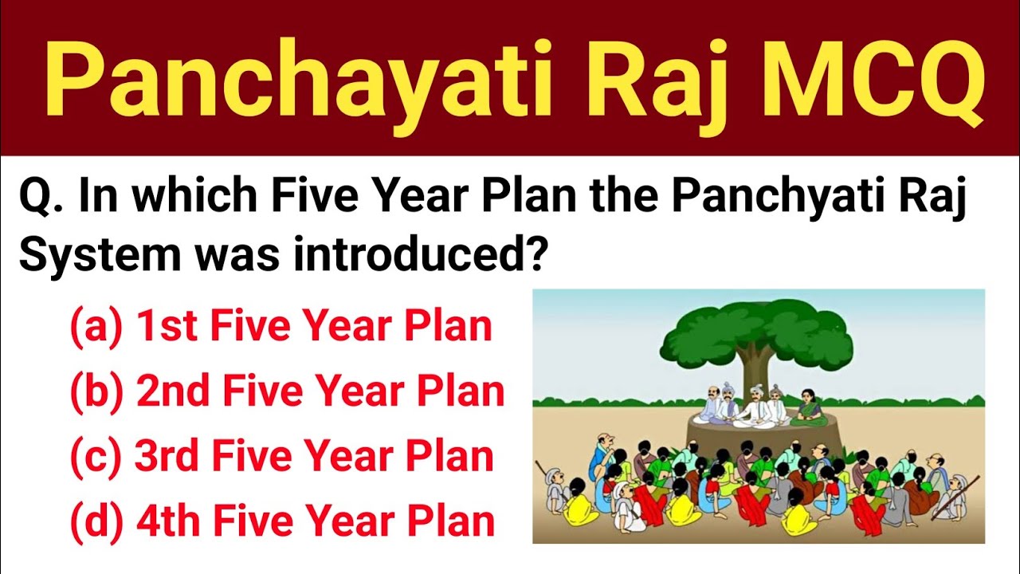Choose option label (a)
[96, 328]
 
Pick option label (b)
[96, 392]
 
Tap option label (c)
[95, 457]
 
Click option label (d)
[96, 521]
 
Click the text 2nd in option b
[172, 392]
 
